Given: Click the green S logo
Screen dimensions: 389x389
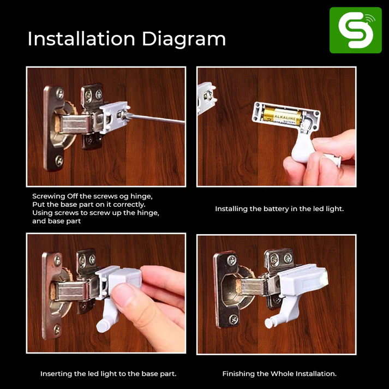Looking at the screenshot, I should pos(355,30).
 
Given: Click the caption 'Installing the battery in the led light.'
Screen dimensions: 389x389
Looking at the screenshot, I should pos(279,209).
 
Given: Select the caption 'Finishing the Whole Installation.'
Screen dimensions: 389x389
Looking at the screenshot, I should pos(279,374).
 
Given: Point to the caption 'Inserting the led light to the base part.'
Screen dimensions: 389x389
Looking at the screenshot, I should pos(108,374).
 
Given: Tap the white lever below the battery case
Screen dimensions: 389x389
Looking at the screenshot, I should pos(297,147).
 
